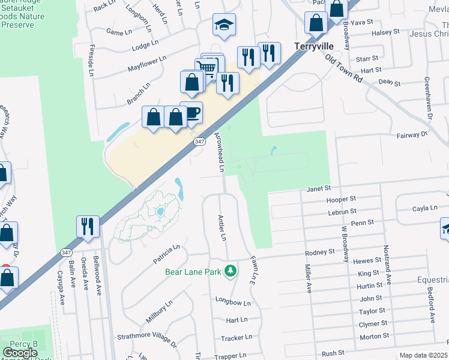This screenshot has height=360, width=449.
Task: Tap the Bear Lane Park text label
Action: (193, 271)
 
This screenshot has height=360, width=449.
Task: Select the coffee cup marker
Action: (191, 112)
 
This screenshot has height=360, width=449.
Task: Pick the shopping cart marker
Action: (207, 68)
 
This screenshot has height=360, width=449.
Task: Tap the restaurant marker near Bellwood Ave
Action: (88, 227)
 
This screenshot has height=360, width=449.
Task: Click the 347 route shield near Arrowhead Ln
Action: (199, 141)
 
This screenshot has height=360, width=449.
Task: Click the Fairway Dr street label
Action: (412, 136)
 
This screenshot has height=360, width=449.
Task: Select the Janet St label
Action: (319, 188)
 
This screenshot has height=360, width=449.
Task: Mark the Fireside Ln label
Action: (91, 59)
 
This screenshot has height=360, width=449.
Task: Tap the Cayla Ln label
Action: (424, 208)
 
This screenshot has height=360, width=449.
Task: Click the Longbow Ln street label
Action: (233, 302)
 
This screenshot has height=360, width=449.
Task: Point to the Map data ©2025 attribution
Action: (424, 356)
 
